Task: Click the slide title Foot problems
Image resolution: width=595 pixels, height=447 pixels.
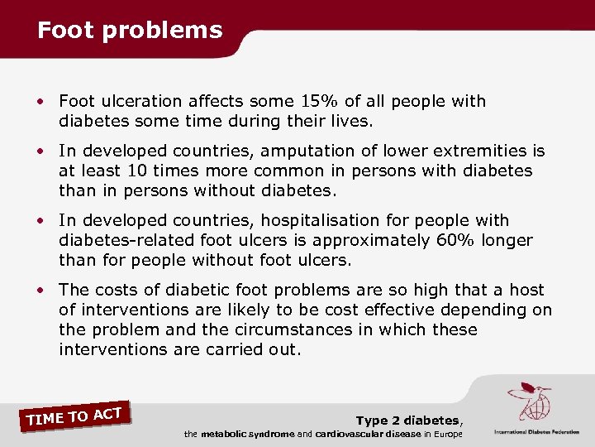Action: point(130,31)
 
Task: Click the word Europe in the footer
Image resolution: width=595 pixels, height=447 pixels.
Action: point(446,435)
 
